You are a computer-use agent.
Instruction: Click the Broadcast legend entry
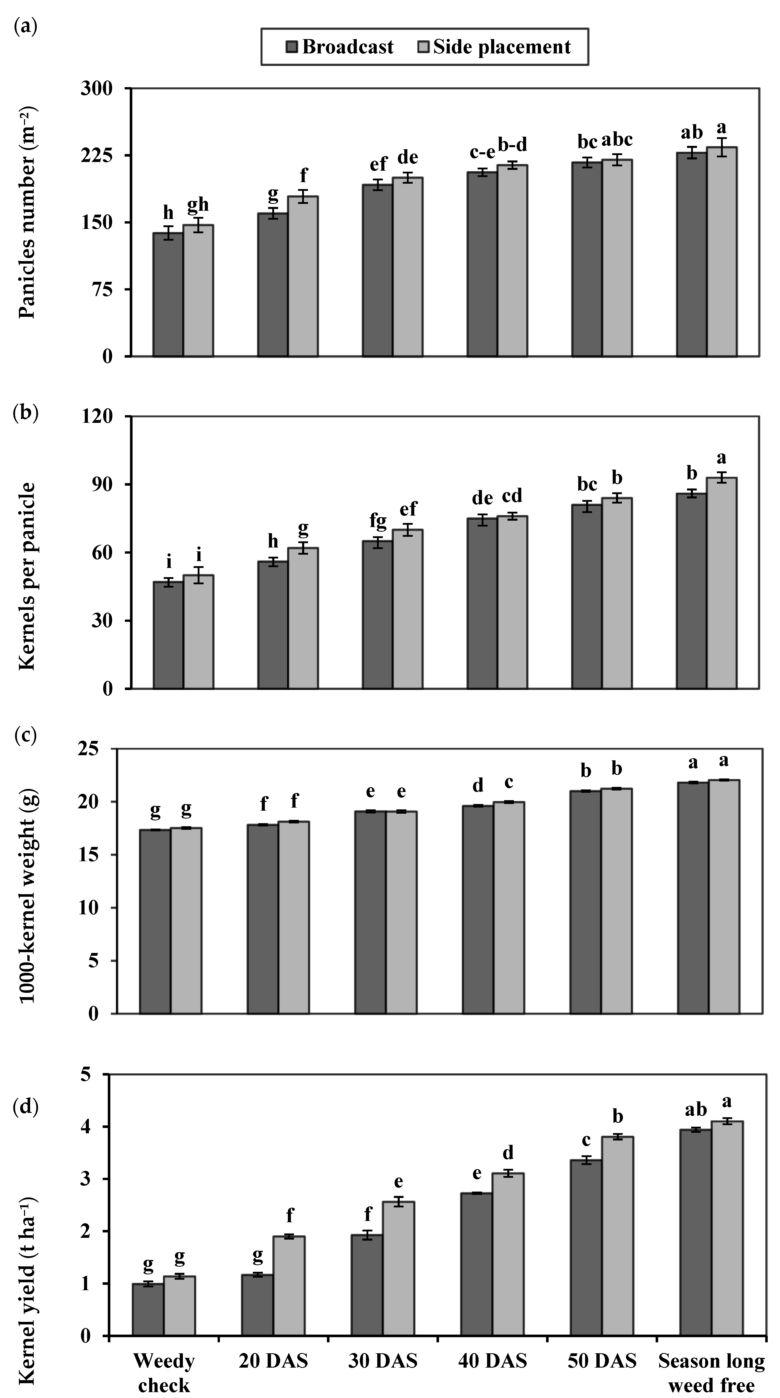click(340, 47)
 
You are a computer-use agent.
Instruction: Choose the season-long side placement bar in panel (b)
click(722, 584)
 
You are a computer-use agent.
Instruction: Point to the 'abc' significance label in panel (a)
click(617, 140)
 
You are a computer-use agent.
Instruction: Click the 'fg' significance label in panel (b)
click(378, 521)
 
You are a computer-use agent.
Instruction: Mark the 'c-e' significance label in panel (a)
click(482, 153)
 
